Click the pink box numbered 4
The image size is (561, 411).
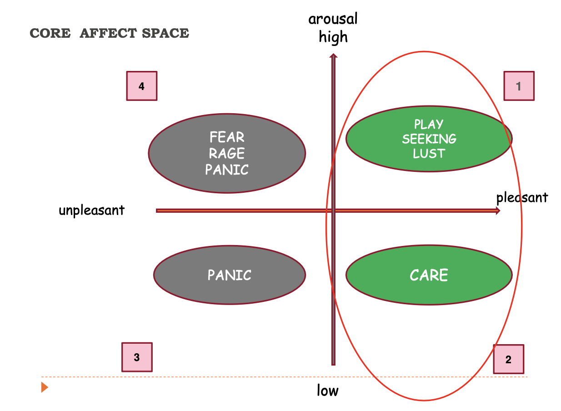[x=141, y=86]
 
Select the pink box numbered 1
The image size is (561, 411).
[x=519, y=86]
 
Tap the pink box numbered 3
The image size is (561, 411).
[x=137, y=357]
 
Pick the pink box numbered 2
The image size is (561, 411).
[x=508, y=359]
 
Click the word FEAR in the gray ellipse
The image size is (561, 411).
[x=227, y=137]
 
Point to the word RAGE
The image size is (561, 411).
[x=227, y=153]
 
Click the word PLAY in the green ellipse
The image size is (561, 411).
[x=429, y=124]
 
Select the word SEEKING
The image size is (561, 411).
[x=429, y=139]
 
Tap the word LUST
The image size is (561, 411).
[x=429, y=153]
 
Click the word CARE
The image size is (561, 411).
[x=429, y=275]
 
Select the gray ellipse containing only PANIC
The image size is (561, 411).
[x=229, y=275]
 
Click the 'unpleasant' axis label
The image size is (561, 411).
[x=91, y=211]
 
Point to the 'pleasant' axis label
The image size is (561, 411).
[x=522, y=198]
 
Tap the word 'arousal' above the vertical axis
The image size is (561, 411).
[x=333, y=19]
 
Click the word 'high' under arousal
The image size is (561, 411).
[x=333, y=36]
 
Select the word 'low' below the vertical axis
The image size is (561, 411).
[x=328, y=391]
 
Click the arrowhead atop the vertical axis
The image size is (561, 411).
[x=334, y=56]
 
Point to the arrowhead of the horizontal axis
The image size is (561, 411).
[x=497, y=211]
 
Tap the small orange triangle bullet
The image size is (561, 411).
[x=44, y=387]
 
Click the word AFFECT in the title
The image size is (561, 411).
[x=108, y=34]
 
